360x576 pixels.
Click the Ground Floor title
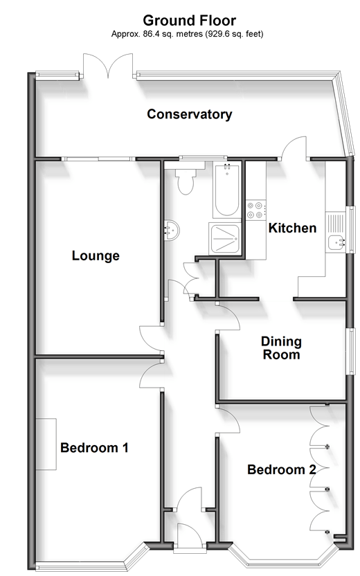pos(189,20)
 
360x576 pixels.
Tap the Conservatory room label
pos(190,114)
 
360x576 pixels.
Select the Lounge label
pos(96,255)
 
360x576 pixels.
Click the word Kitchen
pos(292,228)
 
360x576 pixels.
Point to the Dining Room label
pos(281,348)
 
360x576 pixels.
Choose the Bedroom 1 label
pos(94,448)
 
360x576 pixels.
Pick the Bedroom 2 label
pos(281,469)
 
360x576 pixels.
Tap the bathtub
pos(226,191)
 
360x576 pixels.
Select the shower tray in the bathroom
pos(225,239)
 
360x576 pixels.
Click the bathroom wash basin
pos(171,231)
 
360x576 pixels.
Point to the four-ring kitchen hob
pos(255,210)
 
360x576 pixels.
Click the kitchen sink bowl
pos(336,242)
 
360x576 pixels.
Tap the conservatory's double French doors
pos(108,66)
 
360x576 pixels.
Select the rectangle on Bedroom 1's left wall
pos(46,444)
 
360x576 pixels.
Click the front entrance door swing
pos(189,537)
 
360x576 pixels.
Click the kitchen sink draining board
pos(336,224)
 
